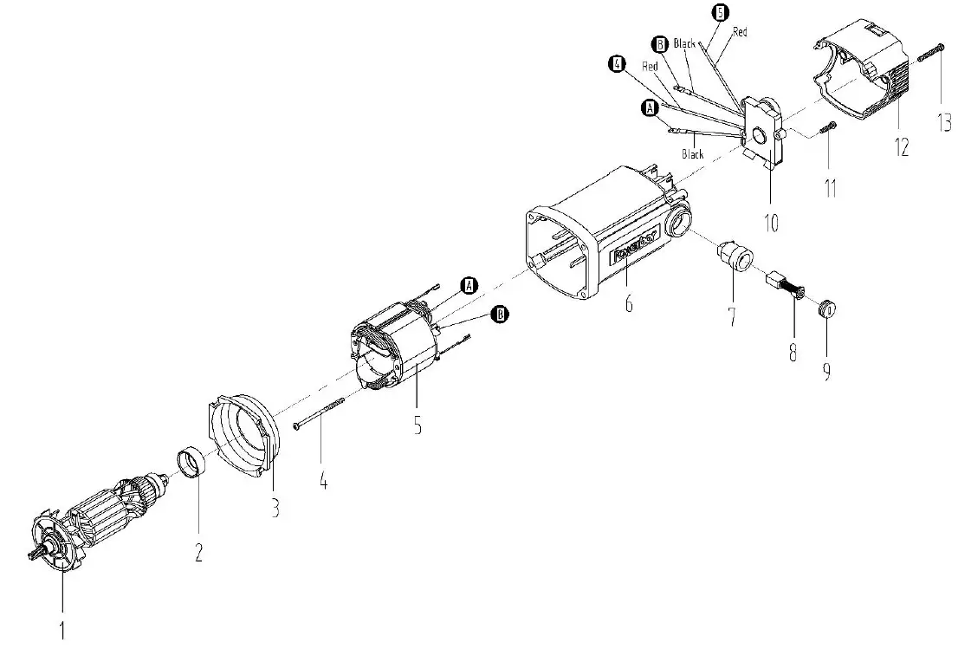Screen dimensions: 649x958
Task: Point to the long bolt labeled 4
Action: coord(320,412)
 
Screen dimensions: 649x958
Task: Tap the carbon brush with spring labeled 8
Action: coord(786,286)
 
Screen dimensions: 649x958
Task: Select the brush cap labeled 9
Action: coord(828,308)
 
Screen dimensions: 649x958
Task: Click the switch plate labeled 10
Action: coord(765,134)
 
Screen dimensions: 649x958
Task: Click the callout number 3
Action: coord(275,508)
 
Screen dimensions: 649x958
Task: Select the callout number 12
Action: coord(902,147)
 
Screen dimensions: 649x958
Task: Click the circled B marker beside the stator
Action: coord(499,315)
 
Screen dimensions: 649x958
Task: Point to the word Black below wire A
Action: coord(693,154)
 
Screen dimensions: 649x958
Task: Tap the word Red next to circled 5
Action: coord(740,32)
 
